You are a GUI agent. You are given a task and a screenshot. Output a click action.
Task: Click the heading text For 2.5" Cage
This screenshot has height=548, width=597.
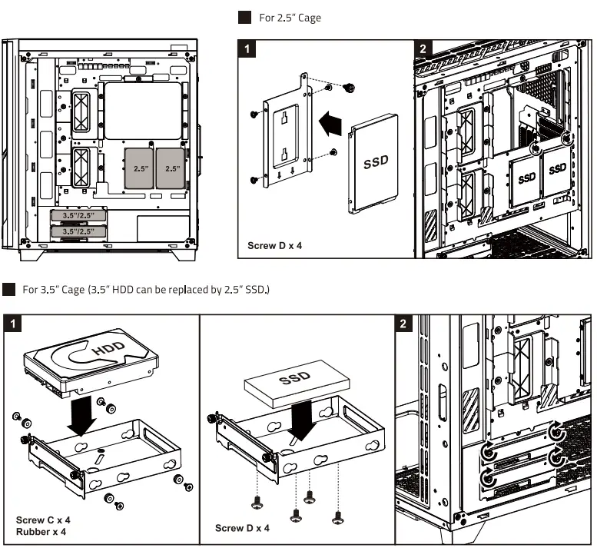coord(290,18)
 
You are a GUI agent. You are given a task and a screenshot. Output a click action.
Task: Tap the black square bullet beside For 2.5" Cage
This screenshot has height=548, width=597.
coord(245,18)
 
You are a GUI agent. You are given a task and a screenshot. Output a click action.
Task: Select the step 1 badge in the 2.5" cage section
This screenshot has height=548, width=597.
coord(246,49)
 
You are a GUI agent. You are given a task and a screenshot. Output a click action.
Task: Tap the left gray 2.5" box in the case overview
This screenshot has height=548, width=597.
coord(140,168)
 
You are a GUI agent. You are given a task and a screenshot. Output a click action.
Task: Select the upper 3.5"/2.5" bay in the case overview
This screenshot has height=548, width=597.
coord(79,217)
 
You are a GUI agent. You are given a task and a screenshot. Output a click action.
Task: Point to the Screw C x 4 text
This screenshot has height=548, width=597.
coord(44,520)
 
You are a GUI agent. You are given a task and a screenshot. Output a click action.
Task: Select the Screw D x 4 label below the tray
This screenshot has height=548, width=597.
coord(242,528)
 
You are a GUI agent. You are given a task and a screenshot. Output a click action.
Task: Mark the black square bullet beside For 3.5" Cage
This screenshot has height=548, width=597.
coord(8,290)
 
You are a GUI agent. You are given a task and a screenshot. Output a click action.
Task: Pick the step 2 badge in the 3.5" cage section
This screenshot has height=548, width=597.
coord(406,323)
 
